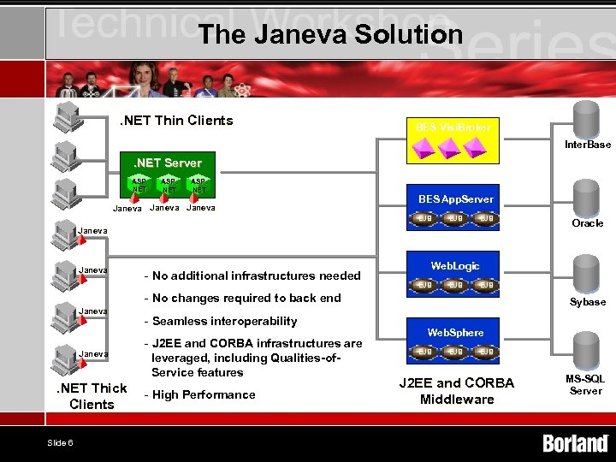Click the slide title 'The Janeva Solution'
point(329,34)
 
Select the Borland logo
point(575,443)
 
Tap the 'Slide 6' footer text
point(60,442)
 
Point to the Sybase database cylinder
point(586,273)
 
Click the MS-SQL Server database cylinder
point(586,349)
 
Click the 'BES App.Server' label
point(455,199)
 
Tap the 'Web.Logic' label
point(455,266)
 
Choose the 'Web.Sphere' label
point(455,332)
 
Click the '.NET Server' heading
point(167,163)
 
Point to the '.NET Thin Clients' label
point(175,121)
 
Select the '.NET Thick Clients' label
point(92,396)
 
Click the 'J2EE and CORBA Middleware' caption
point(457,391)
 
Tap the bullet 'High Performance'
point(203,394)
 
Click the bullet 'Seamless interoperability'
point(224,321)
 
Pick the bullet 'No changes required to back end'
point(246,298)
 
